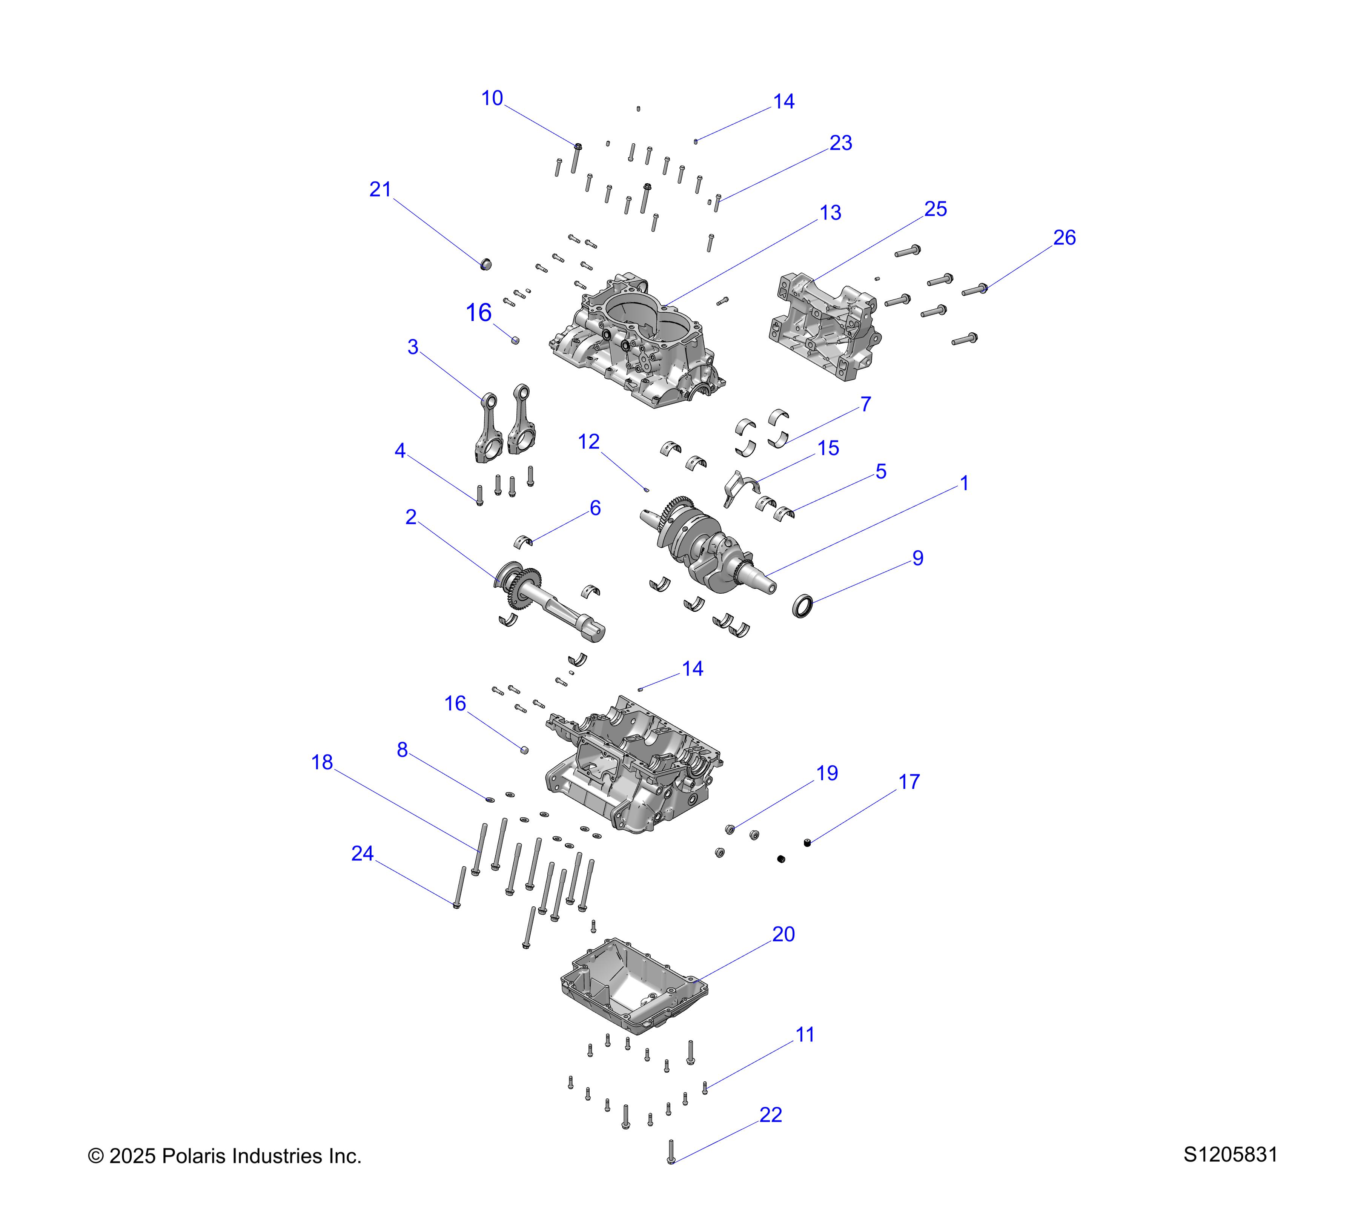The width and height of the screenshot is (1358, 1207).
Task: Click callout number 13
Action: pos(830,213)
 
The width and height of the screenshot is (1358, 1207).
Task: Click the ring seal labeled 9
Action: pos(803,607)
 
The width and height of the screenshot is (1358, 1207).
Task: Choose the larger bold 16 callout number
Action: pos(478,313)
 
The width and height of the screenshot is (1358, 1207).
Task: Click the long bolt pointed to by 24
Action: pos(458,887)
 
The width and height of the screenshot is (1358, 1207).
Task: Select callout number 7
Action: pos(865,404)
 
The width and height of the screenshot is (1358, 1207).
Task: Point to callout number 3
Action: pos(413,347)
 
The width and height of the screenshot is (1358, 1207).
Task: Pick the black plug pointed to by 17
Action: pos(807,843)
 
